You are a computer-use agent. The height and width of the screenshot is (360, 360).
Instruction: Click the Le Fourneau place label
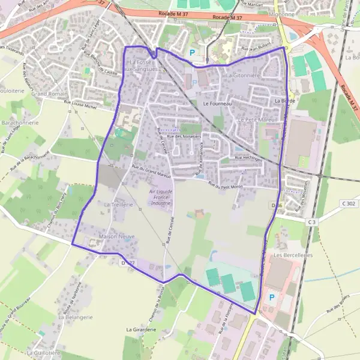coord(218,103)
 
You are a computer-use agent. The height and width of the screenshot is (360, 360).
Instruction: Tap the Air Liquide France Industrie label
coord(161,197)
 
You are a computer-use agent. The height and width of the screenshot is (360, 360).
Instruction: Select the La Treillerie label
coord(117,205)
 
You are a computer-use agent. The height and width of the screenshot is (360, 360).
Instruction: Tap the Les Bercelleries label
coord(293,255)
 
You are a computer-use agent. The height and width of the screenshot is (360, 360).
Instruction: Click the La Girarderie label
coord(142,330)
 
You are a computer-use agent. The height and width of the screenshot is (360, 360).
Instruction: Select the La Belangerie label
coord(76,317)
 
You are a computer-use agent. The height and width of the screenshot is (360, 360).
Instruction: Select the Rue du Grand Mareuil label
coord(151,172)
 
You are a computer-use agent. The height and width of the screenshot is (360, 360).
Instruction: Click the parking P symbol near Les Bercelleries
coord(271,296)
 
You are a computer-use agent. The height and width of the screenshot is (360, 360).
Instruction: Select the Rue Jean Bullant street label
coord(256,49)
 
